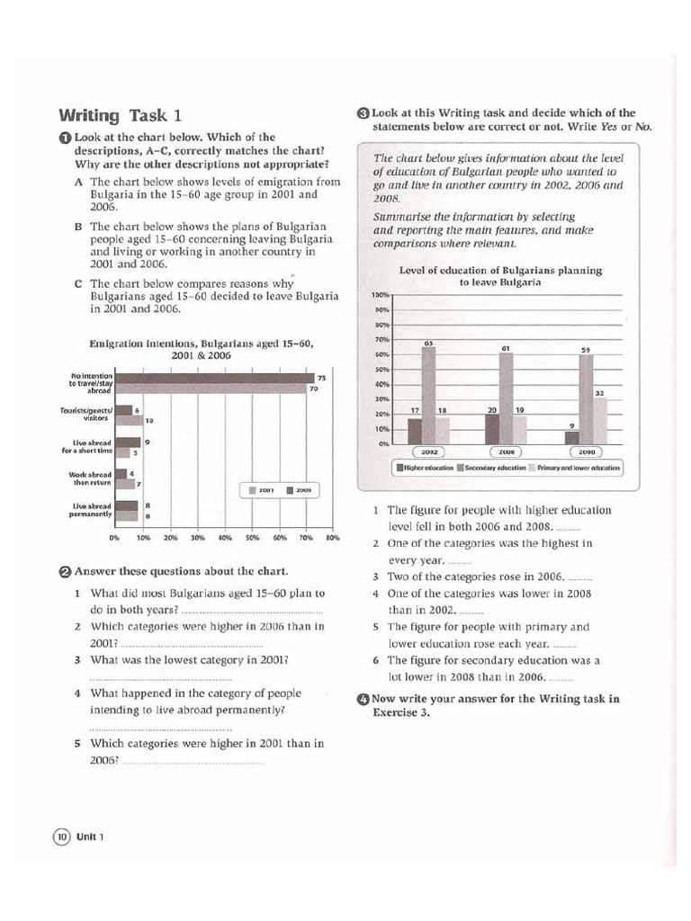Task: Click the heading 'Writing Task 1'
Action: pos(120,115)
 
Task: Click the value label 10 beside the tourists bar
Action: pos(148,420)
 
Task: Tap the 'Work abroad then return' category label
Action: pos(90,478)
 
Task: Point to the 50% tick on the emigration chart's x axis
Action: pos(252,538)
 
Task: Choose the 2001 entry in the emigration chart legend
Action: pos(261,490)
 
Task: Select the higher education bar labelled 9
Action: pos(571,437)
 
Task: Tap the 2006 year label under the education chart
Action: pos(507,452)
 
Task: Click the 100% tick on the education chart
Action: pos(379,295)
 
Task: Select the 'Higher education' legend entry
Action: pos(424,469)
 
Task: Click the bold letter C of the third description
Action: pos(79,283)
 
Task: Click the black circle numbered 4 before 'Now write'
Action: pos(363,699)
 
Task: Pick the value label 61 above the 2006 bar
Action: pos(507,348)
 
